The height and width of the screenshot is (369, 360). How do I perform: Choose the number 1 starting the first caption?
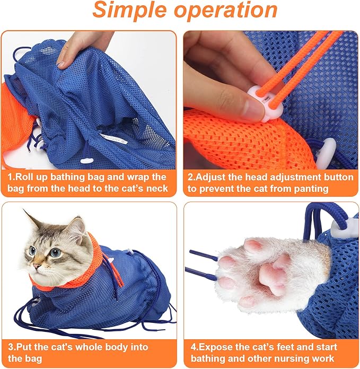pos(10,177)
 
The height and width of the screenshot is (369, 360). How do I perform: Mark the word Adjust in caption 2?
pos(211,177)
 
